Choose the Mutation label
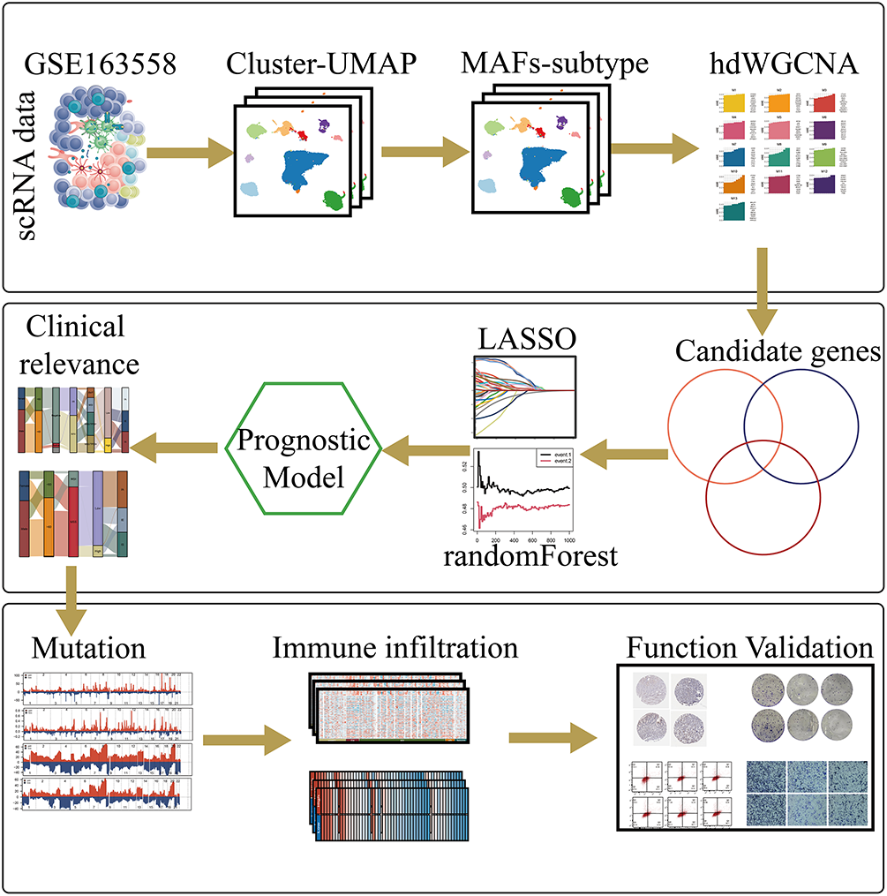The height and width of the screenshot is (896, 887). tap(88, 649)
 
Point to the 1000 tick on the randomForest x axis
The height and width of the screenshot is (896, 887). tap(568, 536)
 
